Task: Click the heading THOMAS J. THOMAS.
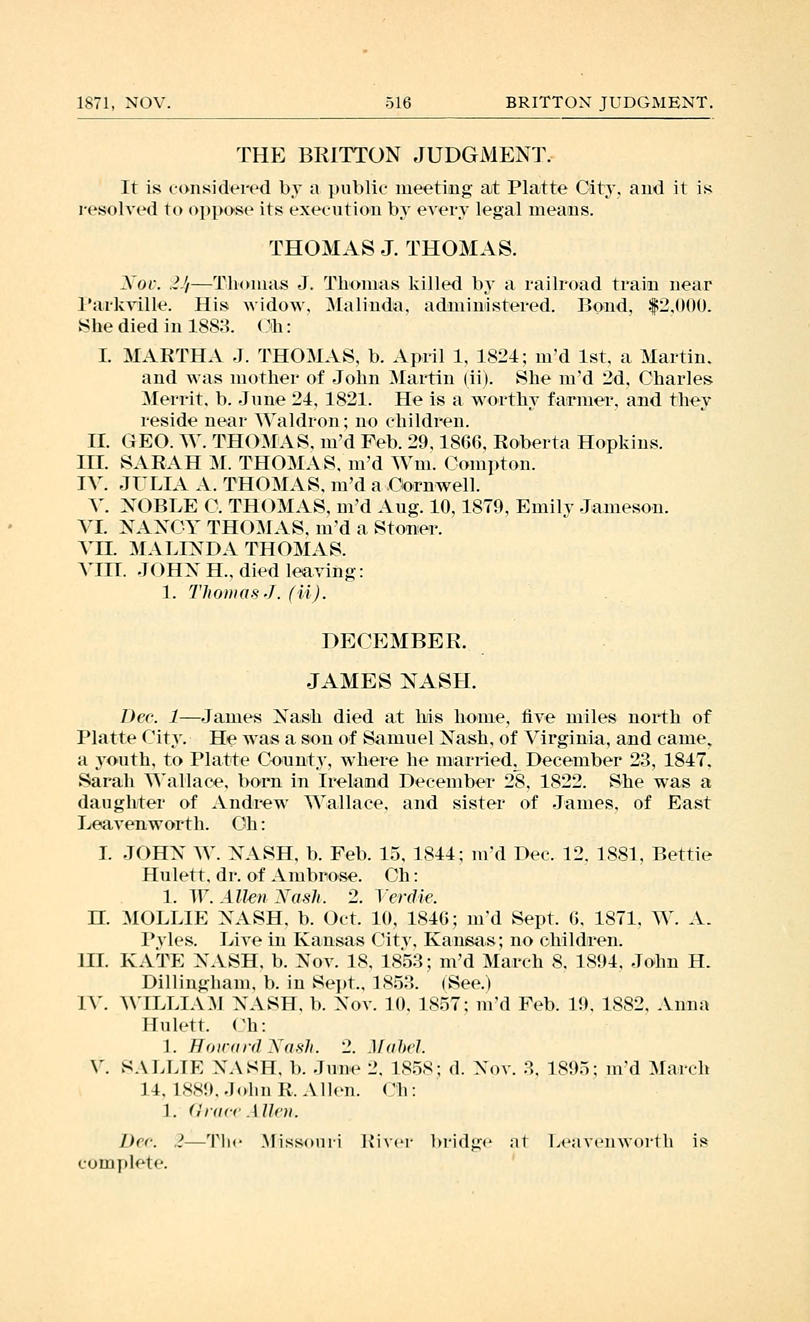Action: pos(392,249)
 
